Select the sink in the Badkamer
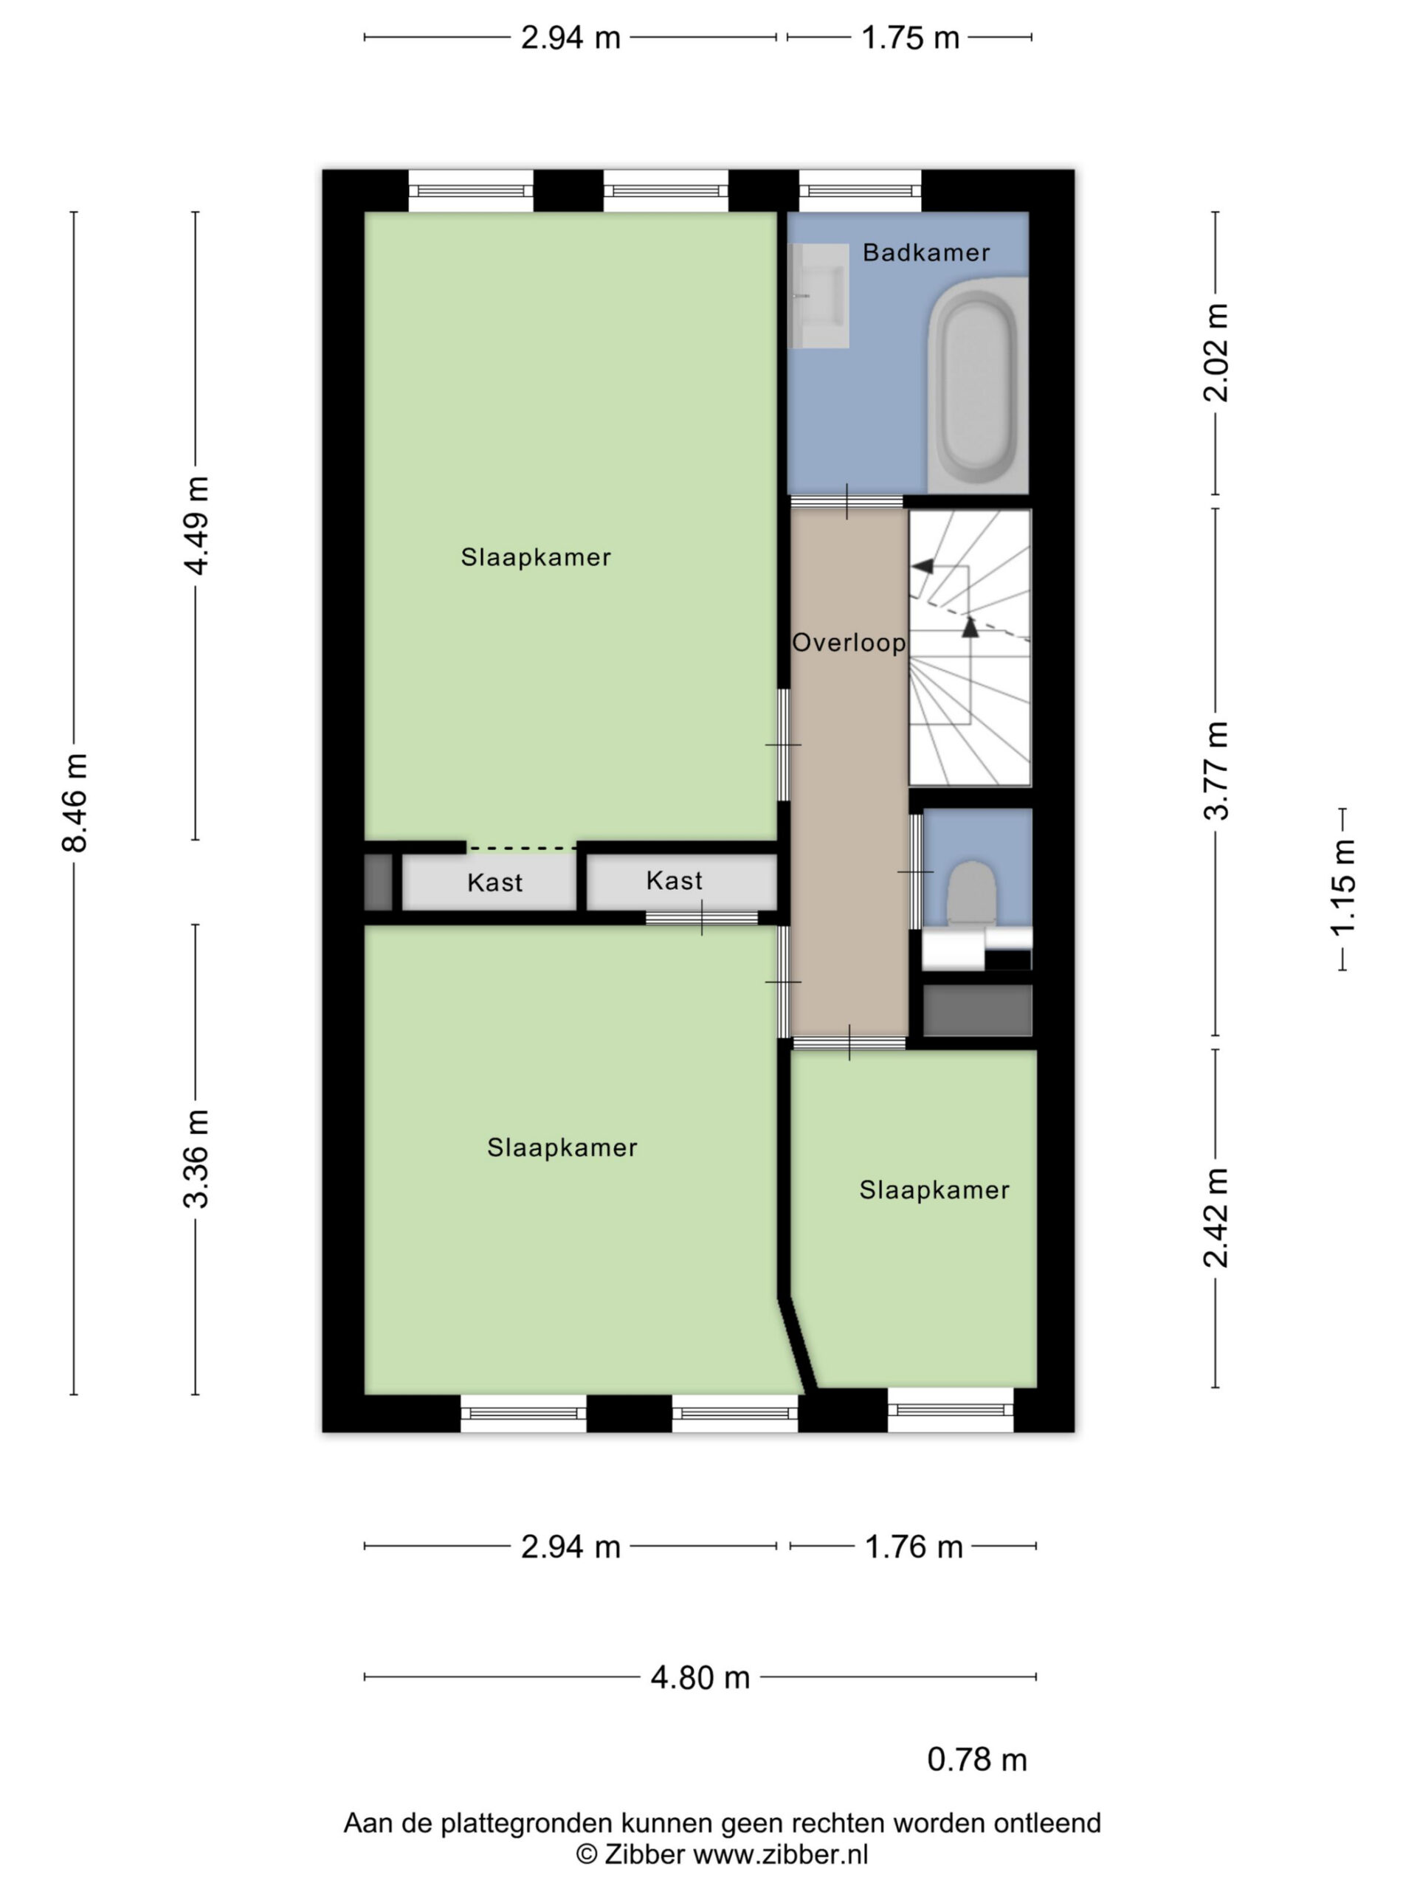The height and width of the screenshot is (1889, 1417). tap(818, 295)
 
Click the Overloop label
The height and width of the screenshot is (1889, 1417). tap(849, 642)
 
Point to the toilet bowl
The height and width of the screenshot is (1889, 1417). tap(972, 891)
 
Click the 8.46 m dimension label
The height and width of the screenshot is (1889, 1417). tap(75, 803)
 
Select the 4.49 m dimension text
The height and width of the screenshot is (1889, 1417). tap(196, 525)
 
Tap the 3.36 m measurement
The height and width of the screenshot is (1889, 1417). tap(196, 1158)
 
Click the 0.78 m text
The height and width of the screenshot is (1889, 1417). tap(977, 1759)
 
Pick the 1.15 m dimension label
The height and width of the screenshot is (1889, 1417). tap(1342, 888)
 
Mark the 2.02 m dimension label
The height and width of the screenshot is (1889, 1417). tap(1216, 352)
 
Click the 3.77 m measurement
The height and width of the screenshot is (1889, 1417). tap(1216, 770)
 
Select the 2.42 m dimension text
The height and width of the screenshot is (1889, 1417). tap(1216, 1217)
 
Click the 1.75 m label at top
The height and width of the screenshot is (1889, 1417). tap(911, 38)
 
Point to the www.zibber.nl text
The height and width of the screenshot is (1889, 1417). tap(781, 1854)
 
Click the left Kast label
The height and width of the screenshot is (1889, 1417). tap(494, 883)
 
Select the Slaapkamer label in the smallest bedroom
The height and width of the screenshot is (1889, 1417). tap(934, 1189)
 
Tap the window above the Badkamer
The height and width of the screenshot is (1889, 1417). tap(860, 190)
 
